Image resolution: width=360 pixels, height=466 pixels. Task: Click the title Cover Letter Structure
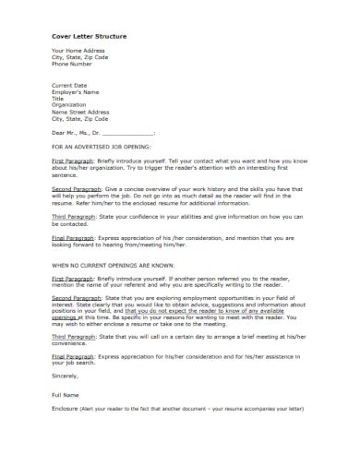(x=89, y=36)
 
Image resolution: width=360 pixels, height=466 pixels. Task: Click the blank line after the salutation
(x=129, y=133)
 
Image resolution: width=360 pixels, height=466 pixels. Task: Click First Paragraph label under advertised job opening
(x=72, y=160)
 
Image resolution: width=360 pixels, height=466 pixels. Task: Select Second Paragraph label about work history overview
(x=75, y=186)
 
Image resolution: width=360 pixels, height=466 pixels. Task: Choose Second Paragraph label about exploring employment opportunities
(x=75, y=298)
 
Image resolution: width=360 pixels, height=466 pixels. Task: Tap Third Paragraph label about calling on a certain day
(x=73, y=339)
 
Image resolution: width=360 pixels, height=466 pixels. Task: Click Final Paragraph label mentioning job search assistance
(x=73, y=359)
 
